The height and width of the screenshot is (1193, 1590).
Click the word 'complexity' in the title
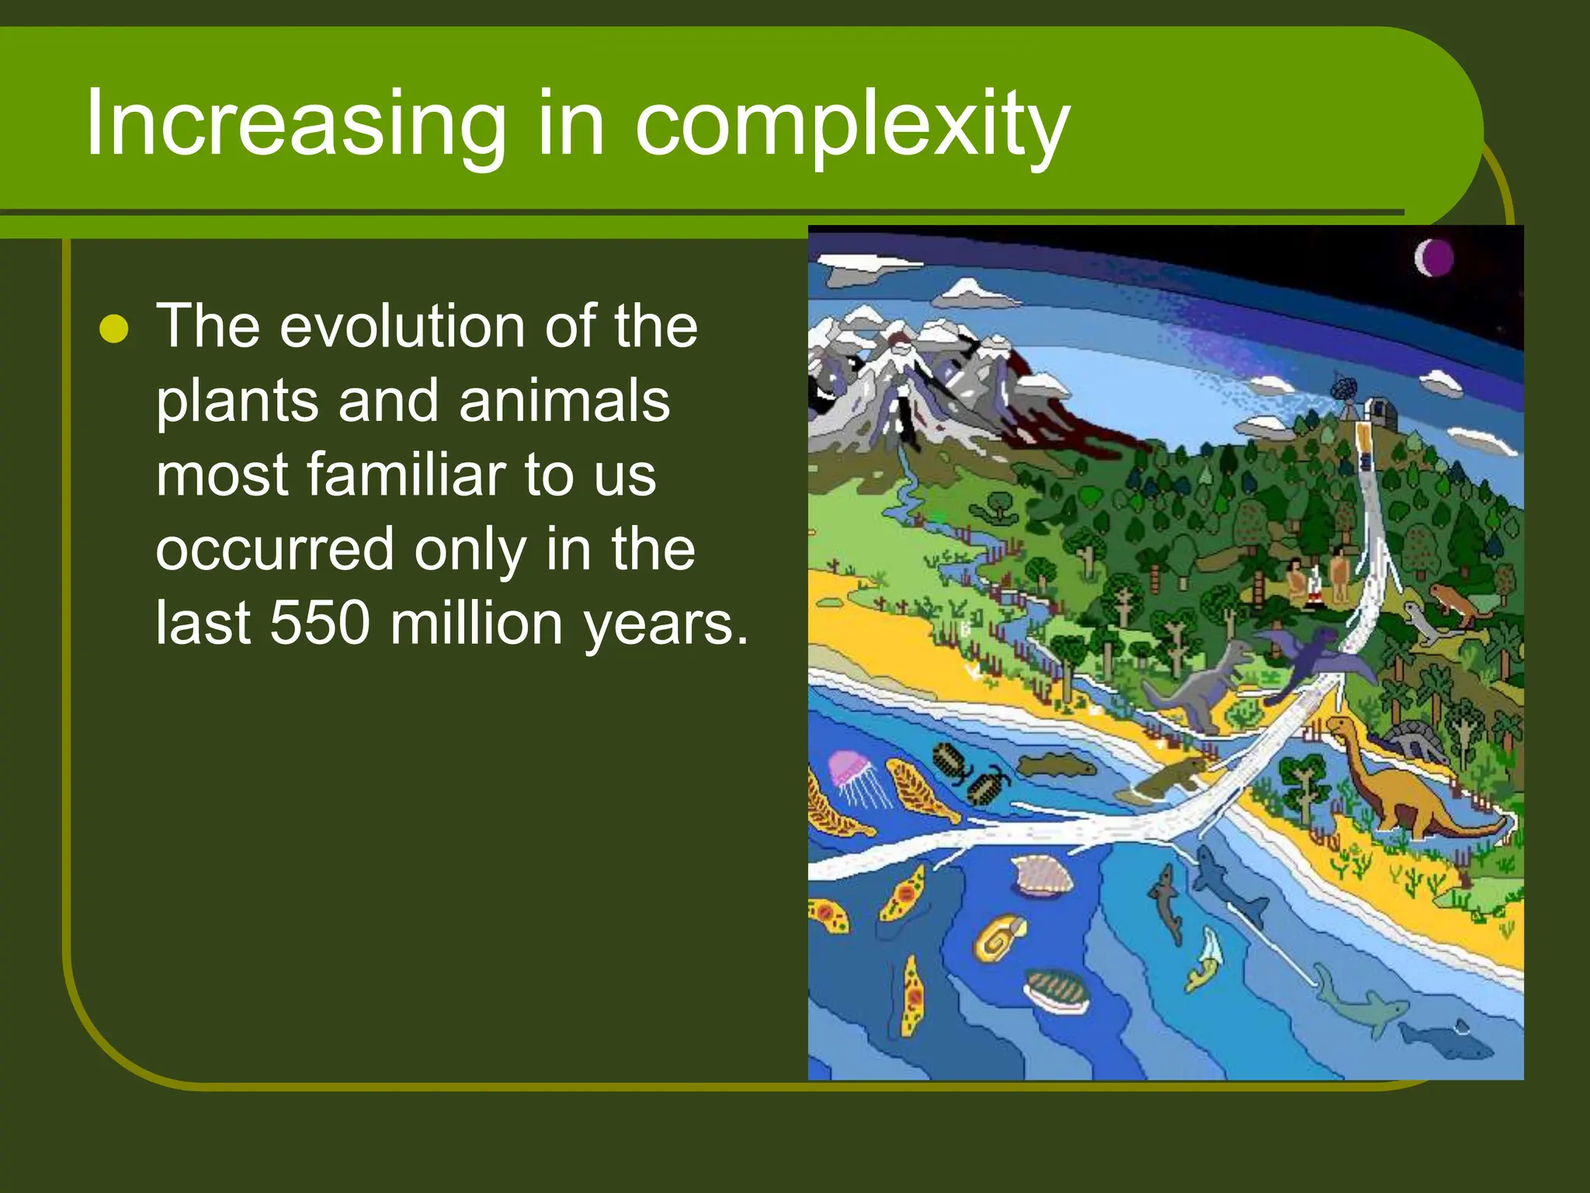[x=852, y=124]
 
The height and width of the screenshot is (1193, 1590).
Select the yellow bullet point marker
[x=114, y=329]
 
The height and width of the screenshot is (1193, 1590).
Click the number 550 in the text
[x=319, y=623]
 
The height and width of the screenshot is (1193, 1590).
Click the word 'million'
[x=476, y=623]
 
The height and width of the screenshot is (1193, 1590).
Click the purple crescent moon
[x=1433, y=258]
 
